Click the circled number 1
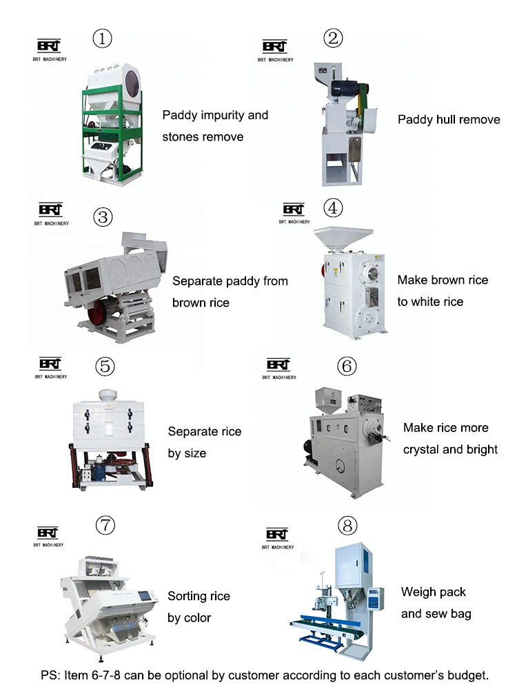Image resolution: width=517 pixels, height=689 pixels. (x=103, y=39)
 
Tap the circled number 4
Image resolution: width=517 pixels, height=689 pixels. (x=333, y=207)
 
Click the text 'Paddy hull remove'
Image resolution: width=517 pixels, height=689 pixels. (x=449, y=120)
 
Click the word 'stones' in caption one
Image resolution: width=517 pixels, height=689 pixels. (x=181, y=137)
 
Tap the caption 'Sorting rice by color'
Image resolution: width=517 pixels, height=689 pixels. (x=199, y=606)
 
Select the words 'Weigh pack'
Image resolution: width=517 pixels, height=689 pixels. (x=433, y=593)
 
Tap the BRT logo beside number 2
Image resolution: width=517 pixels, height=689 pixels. (x=275, y=48)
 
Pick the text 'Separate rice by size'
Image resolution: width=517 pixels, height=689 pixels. (x=204, y=442)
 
